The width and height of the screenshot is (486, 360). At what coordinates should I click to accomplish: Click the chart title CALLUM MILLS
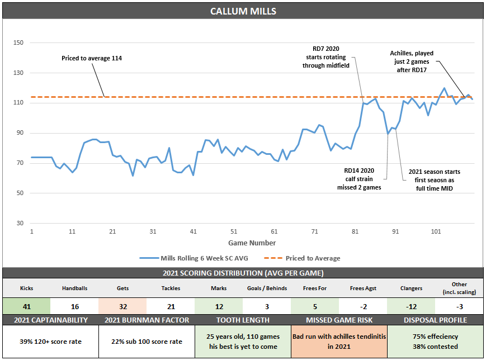pos(243,11)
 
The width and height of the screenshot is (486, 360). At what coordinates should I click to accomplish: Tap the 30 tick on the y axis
pos(20,224)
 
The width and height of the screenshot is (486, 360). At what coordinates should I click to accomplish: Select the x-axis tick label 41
pos(193,231)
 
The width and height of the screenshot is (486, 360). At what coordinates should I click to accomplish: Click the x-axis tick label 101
pos(436,231)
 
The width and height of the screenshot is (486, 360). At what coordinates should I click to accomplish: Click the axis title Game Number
pos(252,243)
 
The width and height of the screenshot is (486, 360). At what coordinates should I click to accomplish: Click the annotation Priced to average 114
pos(92,58)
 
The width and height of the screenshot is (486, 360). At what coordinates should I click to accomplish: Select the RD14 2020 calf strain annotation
pos(362,179)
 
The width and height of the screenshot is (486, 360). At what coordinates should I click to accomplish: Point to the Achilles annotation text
pos(411,61)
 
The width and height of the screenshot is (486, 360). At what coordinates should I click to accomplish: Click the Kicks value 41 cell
pos(26,306)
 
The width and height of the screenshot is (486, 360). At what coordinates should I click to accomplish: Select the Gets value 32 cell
pos(122,306)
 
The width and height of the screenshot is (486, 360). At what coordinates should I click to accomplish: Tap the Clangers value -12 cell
pos(411,306)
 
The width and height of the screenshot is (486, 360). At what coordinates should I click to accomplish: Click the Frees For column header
pos(315,288)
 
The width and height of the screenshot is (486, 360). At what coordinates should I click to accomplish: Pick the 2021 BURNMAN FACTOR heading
pos(147,320)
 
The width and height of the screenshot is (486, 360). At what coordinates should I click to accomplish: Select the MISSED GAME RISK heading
pos(339,320)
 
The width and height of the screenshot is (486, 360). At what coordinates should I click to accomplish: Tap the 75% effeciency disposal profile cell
pos(435,342)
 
